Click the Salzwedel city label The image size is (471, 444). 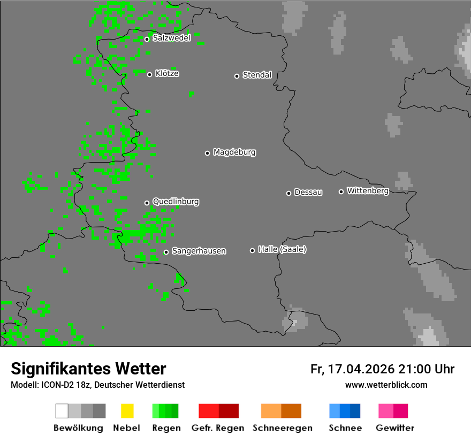point(171,38)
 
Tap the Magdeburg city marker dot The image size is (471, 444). point(207,153)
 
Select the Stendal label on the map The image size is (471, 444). point(257,75)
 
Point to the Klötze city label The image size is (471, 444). point(167,73)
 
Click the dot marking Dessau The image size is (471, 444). point(288,193)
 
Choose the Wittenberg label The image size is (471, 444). point(368,190)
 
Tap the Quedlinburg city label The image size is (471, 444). point(176,202)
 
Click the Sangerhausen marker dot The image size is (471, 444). point(166,252)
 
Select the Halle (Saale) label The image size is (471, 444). point(282,249)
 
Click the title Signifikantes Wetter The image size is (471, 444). point(88,369)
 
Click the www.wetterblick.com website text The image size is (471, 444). point(386,385)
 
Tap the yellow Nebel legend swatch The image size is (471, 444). point(127,411)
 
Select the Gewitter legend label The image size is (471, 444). point(394,428)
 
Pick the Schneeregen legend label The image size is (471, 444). point(281,428)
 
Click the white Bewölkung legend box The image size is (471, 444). point(62,411)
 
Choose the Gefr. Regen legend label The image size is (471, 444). point(218,428)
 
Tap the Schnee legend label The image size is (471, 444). point(345,428)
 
